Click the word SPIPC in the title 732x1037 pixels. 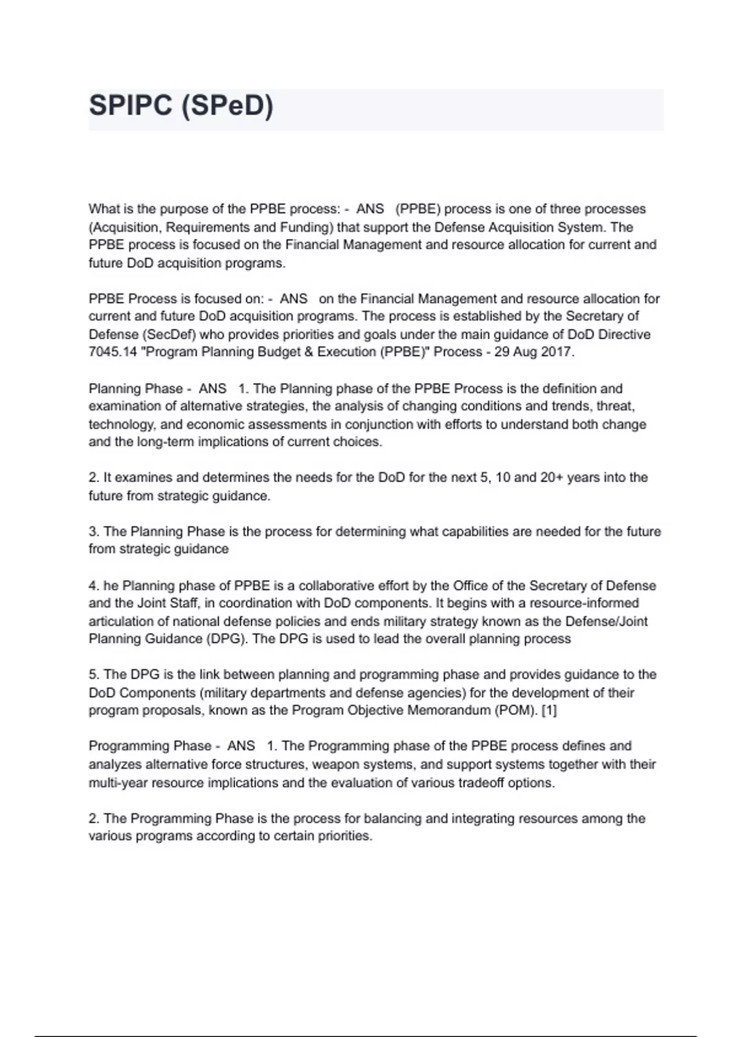pos(131,106)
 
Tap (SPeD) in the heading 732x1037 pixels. pos(227,106)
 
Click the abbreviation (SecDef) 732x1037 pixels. pos(159,334)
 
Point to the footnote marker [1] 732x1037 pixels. pos(549,711)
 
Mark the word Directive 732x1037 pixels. pos(624,334)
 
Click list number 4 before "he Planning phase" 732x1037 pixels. pos(93,586)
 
